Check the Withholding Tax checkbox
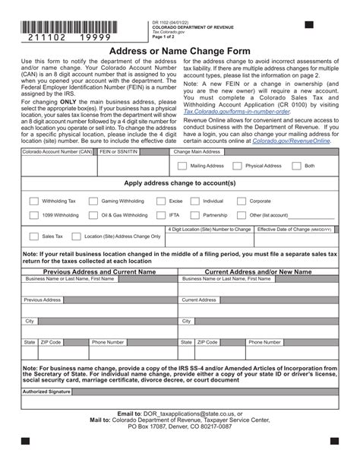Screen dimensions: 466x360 33,201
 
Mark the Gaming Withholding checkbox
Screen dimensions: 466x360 93,201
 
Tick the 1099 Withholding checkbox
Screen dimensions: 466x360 33,215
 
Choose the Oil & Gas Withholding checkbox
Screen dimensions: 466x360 93,215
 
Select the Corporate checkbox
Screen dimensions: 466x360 241,201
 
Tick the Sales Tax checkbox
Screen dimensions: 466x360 33,236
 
